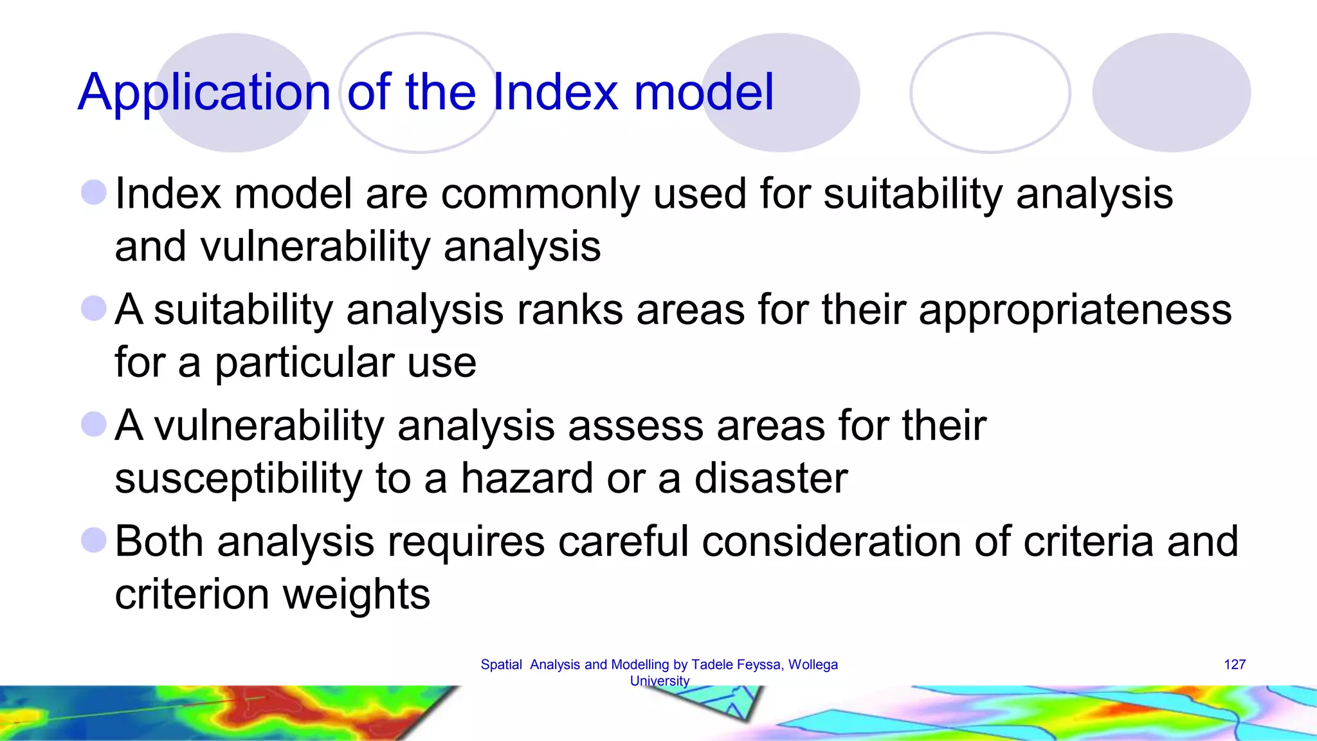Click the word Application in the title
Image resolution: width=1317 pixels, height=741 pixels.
204,93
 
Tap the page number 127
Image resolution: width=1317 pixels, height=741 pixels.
1234,664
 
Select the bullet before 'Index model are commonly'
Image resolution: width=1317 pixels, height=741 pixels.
94,192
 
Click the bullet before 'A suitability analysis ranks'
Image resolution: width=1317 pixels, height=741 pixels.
94,308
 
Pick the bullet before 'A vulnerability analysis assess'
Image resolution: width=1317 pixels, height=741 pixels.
94,425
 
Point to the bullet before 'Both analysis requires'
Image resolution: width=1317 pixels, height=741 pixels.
94,540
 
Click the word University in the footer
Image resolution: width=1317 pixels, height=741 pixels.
659,681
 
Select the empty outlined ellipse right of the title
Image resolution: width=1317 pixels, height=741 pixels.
990,93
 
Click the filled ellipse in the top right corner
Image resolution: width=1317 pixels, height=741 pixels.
1171,93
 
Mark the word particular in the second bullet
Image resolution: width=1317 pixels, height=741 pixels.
304,363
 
